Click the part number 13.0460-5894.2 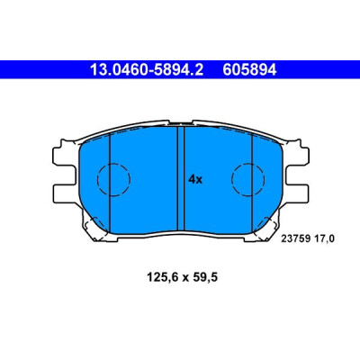pyautogui.click(x=147, y=70)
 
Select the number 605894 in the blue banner pyautogui.click(x=249, y=70)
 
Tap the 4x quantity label pyautogui.click(x=195, y=179)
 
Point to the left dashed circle pyautogui.click(x=113, y=164)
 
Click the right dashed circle pyautogui.click(x=248, y=164)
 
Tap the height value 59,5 pyautogui.click(x=204, y=278)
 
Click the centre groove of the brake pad pyautogui.click(x=181, y=178)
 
